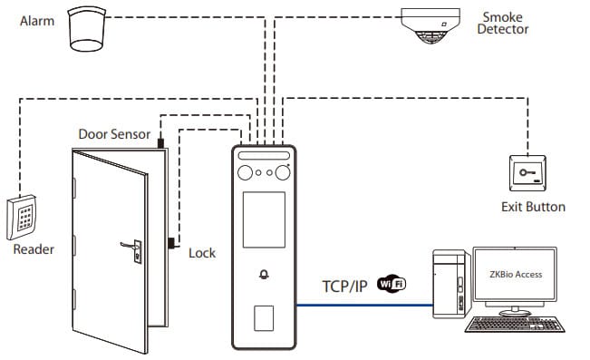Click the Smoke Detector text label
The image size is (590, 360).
pos(505,23)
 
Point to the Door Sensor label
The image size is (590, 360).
pos(114,134)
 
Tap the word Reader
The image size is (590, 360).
pos(34,249)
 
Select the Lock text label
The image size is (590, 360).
pos(201,252)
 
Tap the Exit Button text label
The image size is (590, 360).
pos(533,207)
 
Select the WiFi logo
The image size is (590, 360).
pos(392,283)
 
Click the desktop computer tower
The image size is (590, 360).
pos(448,286)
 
